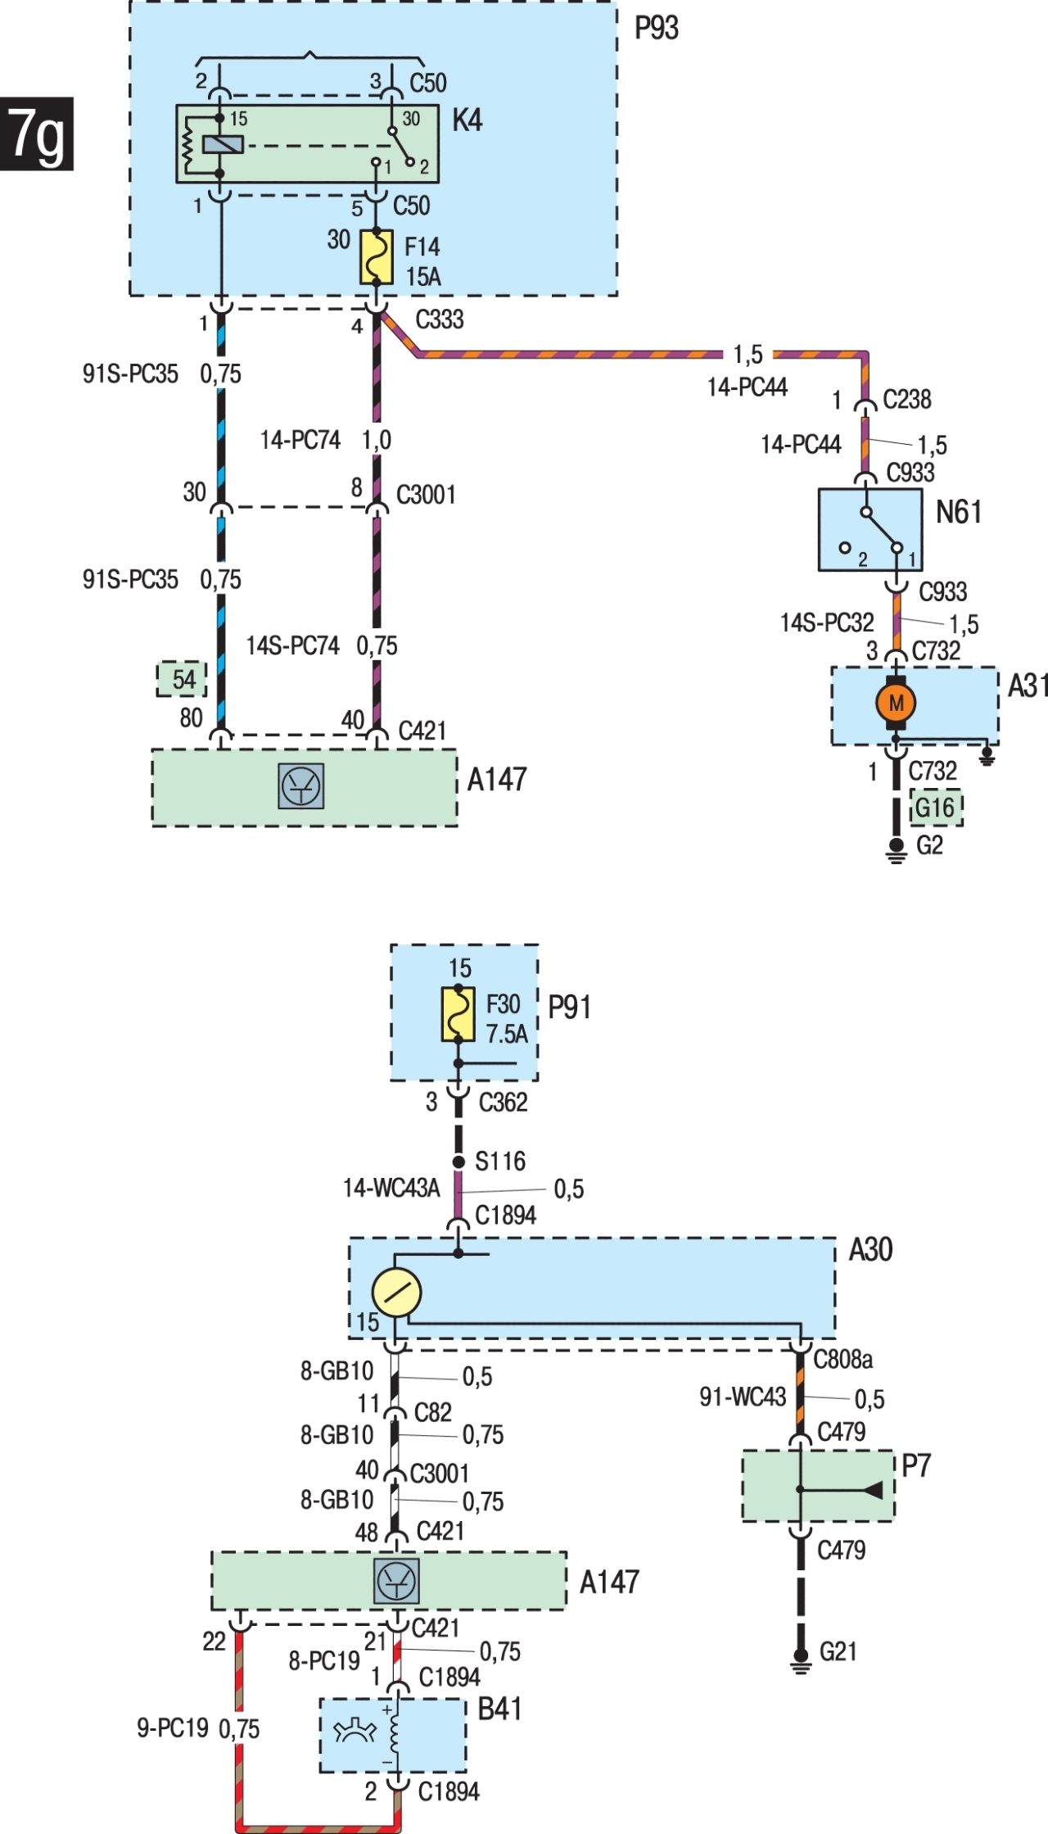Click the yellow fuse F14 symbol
[377, 257]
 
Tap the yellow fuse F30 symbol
[458, 1014]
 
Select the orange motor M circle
[896, 703]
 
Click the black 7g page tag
[37, 134]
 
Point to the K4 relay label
[468, 120]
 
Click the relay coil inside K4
[223, 145]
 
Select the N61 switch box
[870, 530]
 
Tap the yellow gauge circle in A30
[396, 1293]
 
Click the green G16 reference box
[936, 808]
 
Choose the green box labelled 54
[182, 679]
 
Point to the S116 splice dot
[458, 1162]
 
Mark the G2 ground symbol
[897, 851]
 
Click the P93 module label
[657, 28]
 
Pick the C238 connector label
[907, 399]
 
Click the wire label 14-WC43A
[391, 1188]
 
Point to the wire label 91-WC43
[743, 1397]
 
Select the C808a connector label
[842, 1359]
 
